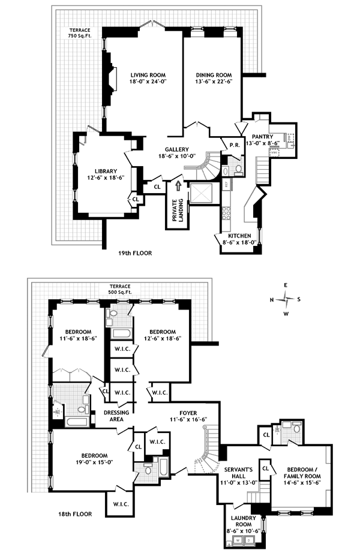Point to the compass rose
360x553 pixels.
pos(288,299)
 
